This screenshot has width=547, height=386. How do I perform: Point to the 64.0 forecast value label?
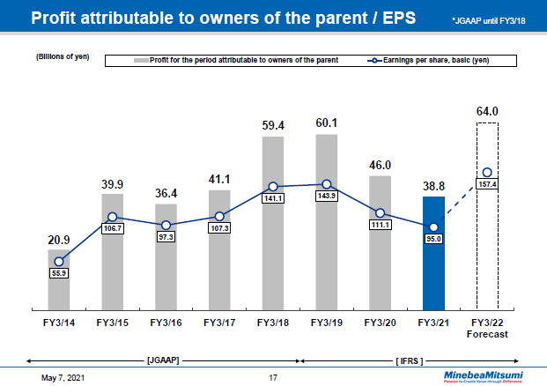(487, 111)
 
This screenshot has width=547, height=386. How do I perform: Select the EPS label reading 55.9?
(59, 274)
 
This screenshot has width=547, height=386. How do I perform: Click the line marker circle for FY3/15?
(113, 217)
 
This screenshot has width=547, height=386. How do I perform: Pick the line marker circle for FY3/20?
(380, 213)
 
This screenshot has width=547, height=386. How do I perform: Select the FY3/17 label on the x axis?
(218, 323)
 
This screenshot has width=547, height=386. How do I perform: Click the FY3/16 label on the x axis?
(166, 323)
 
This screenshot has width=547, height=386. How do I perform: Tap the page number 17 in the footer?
(273, 378)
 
